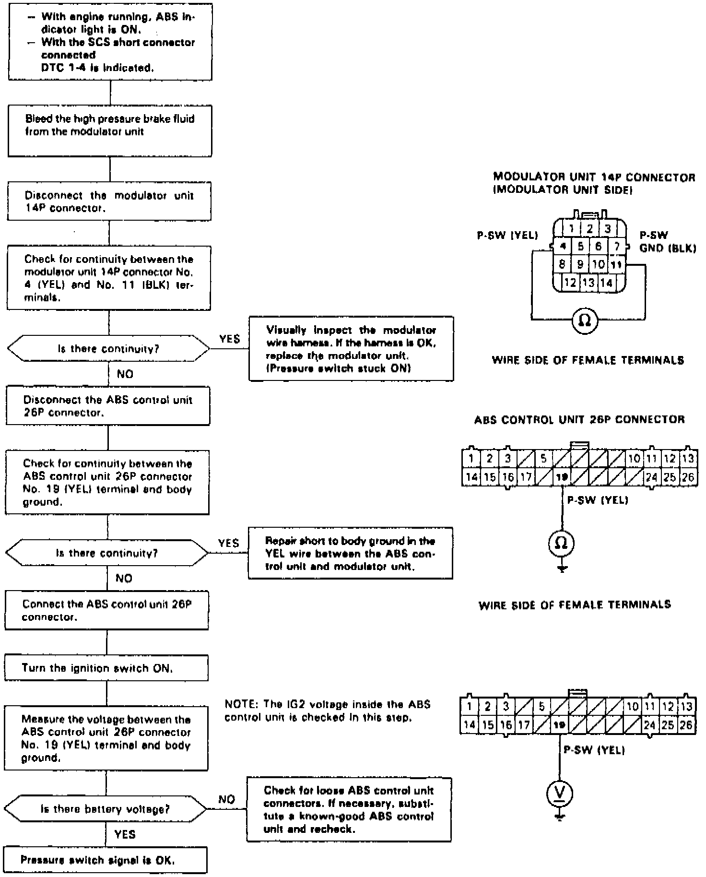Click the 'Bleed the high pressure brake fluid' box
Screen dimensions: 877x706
point(109,131)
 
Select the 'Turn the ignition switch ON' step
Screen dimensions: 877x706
point(106,668)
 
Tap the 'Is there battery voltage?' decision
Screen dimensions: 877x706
point(106,809)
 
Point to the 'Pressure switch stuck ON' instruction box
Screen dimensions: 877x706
point(351,349)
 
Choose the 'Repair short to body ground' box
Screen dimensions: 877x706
point(350,553)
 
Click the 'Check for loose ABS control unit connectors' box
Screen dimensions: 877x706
point(349,809)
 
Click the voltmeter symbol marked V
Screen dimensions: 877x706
point(560,794)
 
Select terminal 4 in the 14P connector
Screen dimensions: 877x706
point(563,247)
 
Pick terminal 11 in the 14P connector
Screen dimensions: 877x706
point(616,264)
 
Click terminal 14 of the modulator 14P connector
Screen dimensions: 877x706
point(607,283)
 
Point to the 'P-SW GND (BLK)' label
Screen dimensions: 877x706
point(667,242)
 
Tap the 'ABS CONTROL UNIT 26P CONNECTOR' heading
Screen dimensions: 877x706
point(579,420)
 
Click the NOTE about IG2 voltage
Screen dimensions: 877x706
point(328,711)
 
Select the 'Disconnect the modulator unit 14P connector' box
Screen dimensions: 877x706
point(109,202)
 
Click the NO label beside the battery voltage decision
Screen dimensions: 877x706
point(226,799)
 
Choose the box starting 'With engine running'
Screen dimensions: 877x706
point(110,42)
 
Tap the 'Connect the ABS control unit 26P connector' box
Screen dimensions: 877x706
point(106,611)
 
